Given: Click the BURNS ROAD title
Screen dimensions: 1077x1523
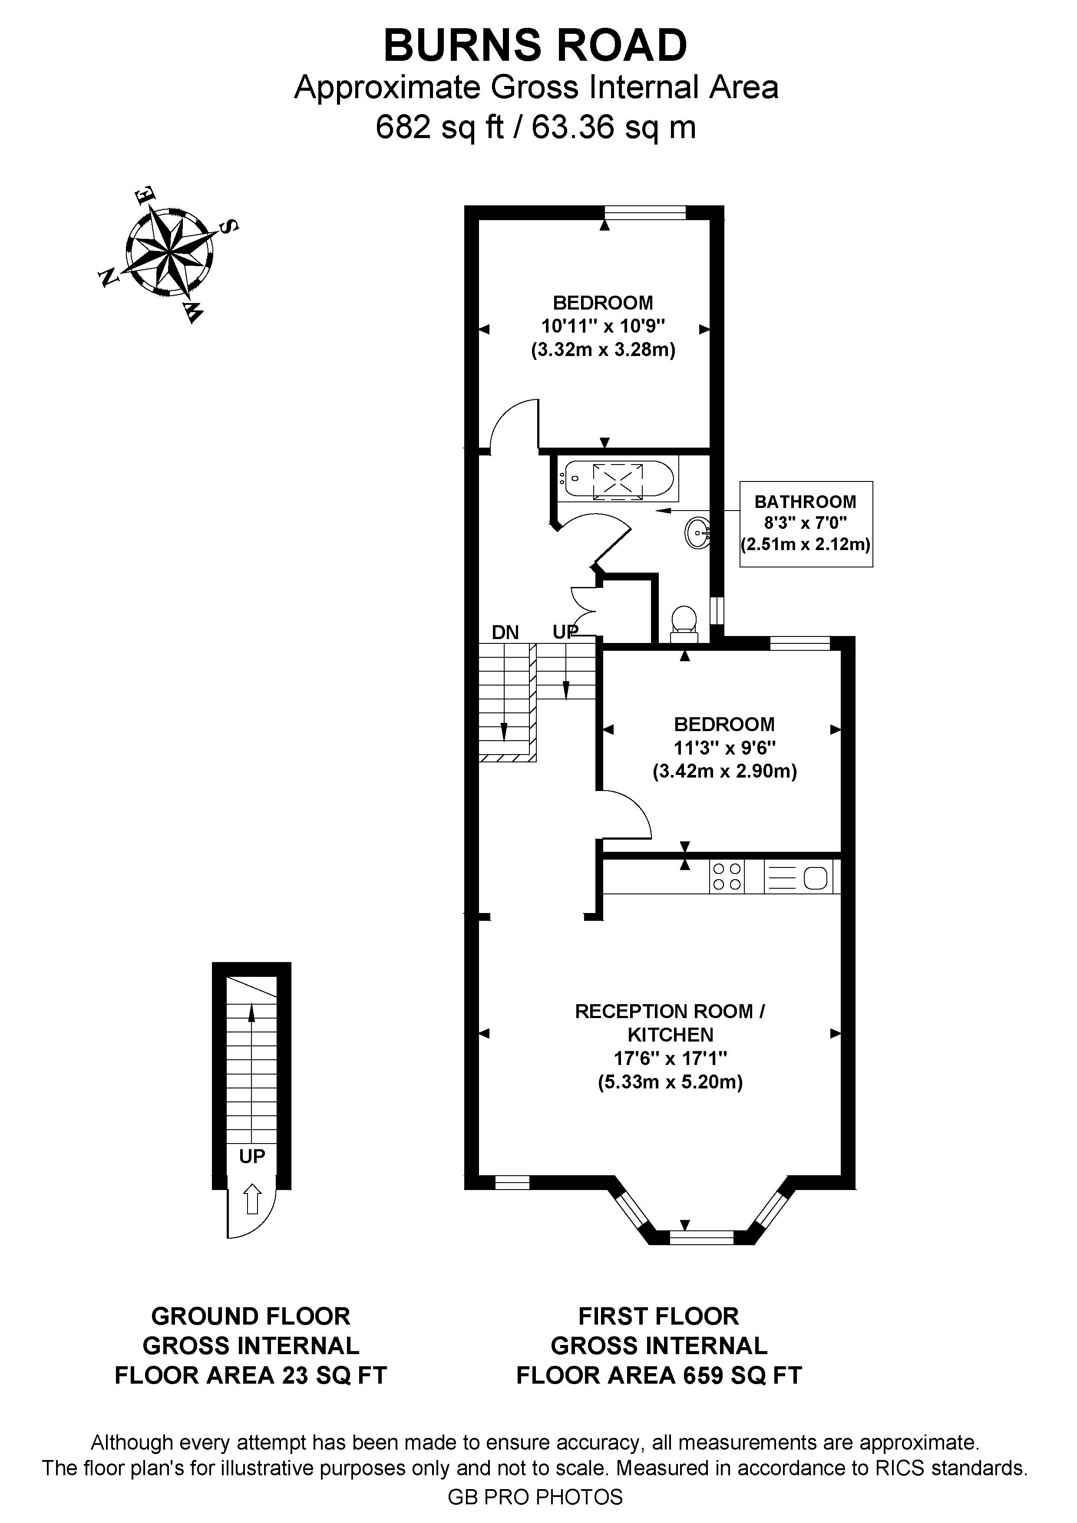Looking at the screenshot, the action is pyautogui.click(x=535, y=46).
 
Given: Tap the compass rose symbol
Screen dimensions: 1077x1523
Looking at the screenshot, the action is pyautogui.click(x=169, y=254).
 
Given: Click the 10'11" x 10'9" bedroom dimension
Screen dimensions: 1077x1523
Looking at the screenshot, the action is pyautogui.click(x=603, y=326).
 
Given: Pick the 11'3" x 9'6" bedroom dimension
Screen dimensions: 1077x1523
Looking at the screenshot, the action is pyautogui.click(x=725, y=748).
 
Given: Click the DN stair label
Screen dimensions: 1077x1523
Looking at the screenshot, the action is pyautogui.click(x=505, y=633).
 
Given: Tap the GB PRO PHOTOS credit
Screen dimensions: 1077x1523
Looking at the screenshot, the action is pyautogui.click(x=535, y=1497).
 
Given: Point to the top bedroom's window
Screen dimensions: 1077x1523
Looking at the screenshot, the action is pyautogui.click(x=645, y=212).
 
